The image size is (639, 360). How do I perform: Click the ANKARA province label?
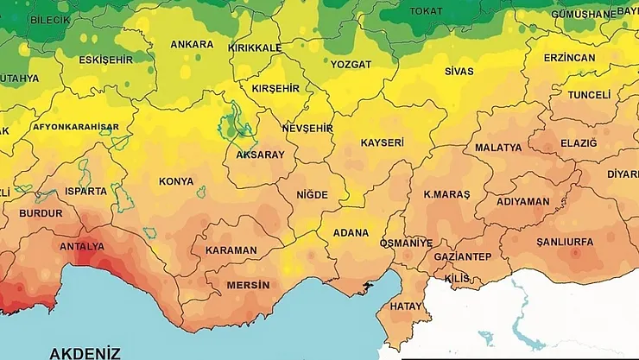click(192, 44)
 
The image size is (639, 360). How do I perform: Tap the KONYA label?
click(176, 181)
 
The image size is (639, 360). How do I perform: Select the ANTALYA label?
click(82, 246)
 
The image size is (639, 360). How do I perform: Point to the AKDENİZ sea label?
click(85, 352)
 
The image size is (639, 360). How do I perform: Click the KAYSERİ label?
click(382, 142)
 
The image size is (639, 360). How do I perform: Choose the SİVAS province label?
click(459, 71)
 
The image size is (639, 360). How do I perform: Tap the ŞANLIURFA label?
click(565, 242)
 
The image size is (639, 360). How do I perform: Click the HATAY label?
click(406, 306)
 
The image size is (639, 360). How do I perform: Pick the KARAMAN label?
click(231, 250)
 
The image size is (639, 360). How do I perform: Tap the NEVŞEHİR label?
click(307, 128)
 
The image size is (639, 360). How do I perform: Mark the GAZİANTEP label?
click(462, 257)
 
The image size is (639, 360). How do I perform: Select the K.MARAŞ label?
click(446, 195)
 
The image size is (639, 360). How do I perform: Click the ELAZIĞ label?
click(579, 143)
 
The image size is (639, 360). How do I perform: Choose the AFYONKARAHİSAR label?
click(75, 127)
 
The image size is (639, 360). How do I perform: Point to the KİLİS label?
click(457, 278)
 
